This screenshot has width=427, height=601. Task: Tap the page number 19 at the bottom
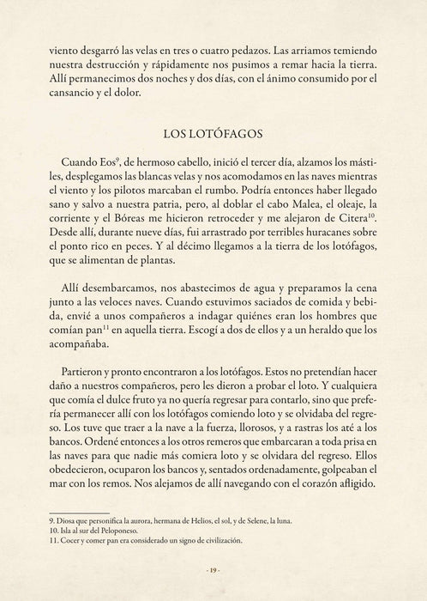pyautogui.click(x=213, y=570)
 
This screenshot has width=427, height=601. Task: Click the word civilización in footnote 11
pyautogui.click(x=217, y=540)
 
